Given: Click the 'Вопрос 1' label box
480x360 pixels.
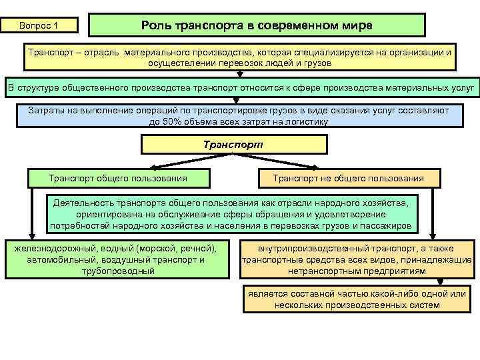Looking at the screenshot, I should coord(39,25).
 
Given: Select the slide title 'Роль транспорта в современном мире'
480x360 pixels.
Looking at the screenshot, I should coord(257,25).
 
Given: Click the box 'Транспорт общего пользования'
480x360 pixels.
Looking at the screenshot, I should coord(118,178).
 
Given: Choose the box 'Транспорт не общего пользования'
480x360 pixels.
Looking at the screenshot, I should coord(348,178).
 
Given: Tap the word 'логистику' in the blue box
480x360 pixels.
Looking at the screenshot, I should coord(306,122).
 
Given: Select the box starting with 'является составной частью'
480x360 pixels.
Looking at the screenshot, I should coord(357,299).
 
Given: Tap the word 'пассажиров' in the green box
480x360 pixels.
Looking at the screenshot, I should coord(385,226).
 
